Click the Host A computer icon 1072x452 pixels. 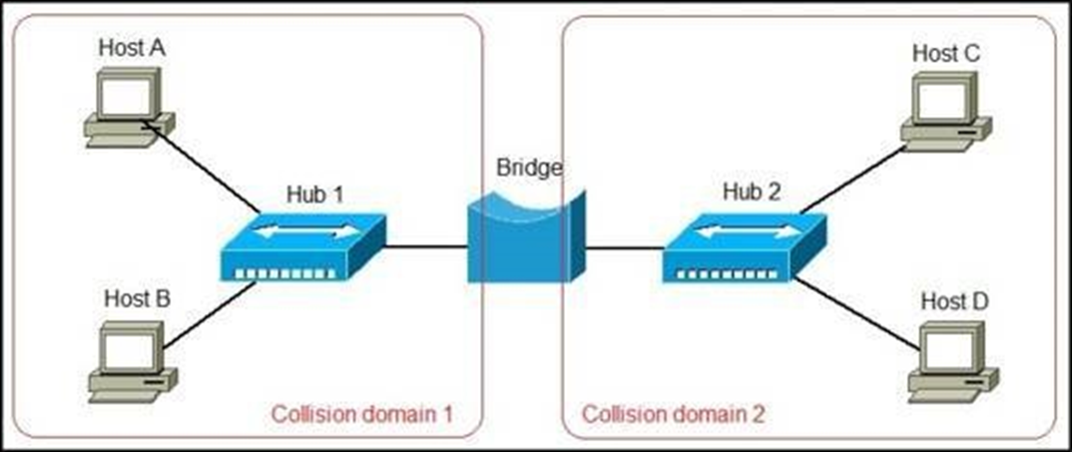pos(126,109)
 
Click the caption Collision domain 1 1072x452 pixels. pos(361,413)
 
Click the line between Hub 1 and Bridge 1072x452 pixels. pos(426,245)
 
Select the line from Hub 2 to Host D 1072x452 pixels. pos(858,315)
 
